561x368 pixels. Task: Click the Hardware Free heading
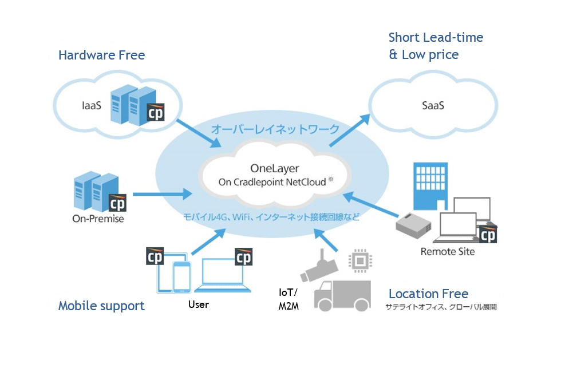[x=101, y=56]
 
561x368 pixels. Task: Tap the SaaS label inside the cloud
[x=433, y=106]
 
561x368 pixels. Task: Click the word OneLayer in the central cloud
[x=275, y=168]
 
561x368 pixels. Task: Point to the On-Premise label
[x=98, y=219]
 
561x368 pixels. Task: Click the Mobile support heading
[x=101, y=306]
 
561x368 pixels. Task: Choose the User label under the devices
[x=199, y=304]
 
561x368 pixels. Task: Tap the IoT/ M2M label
[x=289, y=299]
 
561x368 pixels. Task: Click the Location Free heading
[x=428, y=294]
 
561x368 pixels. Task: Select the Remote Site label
[x=448, y=251]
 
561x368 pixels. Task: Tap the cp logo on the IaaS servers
[x=155, y=114]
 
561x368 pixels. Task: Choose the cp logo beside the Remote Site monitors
[x=488, y=235]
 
